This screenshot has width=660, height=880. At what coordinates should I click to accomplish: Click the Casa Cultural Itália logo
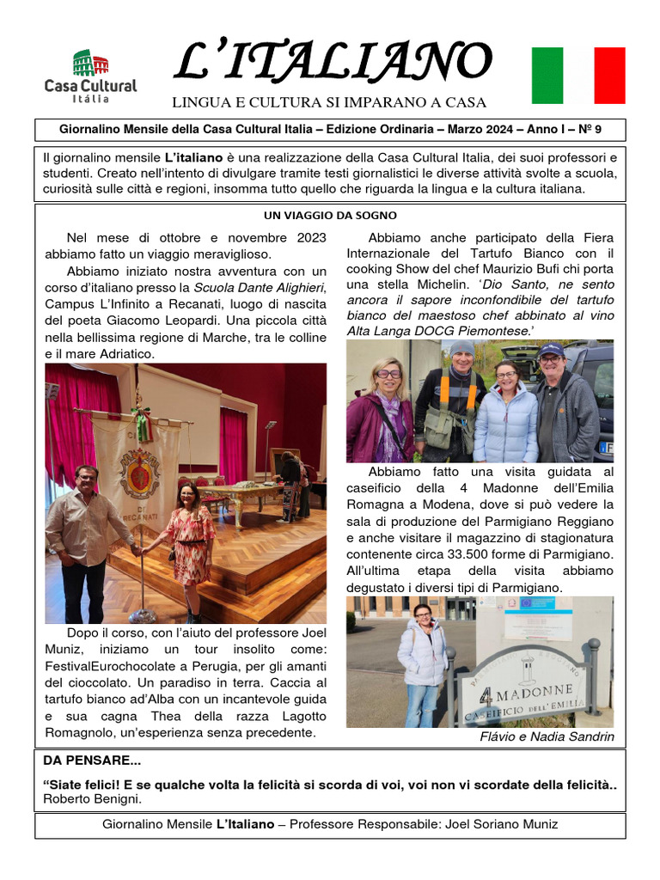pyautogui.click(x=90, y=76)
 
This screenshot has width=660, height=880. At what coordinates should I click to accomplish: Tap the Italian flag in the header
pyautogui.click(x=578, y=76)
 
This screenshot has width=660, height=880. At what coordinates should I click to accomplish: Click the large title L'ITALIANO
pyautogui.click(x=333, y=62)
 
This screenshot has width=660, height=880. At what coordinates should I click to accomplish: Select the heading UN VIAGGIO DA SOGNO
pyautogui.click(x=330, y=216)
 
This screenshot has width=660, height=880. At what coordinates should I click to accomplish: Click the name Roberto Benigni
pyautogui.click(x=92, y=799)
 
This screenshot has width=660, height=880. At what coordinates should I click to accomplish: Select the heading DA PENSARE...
pyautogui.click(x=92, y=761)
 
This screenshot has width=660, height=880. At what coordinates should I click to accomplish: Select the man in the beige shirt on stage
pyautogui.click(x=88, y=541)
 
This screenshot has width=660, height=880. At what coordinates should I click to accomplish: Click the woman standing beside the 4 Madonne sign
pyautogui.click(x=423, y=662)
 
